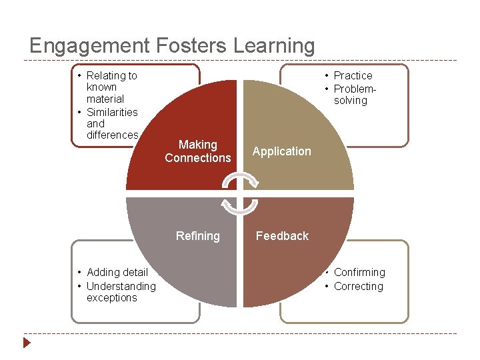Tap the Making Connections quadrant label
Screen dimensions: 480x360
(x=198, y=151)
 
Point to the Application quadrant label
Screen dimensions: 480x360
(x=281, y=151)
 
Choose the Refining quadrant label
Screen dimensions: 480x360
(x=197, y=236)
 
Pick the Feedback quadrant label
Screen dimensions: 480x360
(x=282, y=236)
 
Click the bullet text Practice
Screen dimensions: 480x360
(x=353, y=76)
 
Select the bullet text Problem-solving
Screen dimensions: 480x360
(x=355, y=95)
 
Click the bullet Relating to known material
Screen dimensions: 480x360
(x=111, y=87)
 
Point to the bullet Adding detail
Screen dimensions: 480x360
(x=117, y=272)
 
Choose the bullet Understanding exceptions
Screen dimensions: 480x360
(x=120, y=292)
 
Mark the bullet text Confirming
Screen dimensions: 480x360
(x=359, y=272)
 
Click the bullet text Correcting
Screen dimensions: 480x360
(x=358, y=287)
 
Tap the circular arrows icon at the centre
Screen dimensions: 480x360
(x=239, y=193)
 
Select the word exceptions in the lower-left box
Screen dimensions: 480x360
(x=111, y=298)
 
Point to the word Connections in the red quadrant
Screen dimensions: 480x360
(x=198, y=158)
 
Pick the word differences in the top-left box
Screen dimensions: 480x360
(x=112, y=135)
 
